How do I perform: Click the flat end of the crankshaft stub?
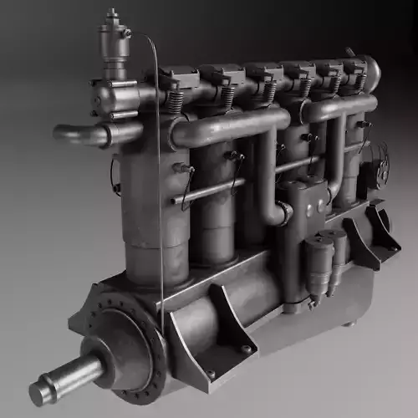coord(39,393)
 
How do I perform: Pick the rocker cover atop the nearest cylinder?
coord(178,78)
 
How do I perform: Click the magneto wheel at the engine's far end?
coord(381,163)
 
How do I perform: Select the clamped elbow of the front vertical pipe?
coord(284,214)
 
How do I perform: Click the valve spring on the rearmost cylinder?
coord(361,82)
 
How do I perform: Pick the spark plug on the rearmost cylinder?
coord(363,125)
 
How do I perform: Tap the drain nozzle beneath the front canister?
coord(314,302)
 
